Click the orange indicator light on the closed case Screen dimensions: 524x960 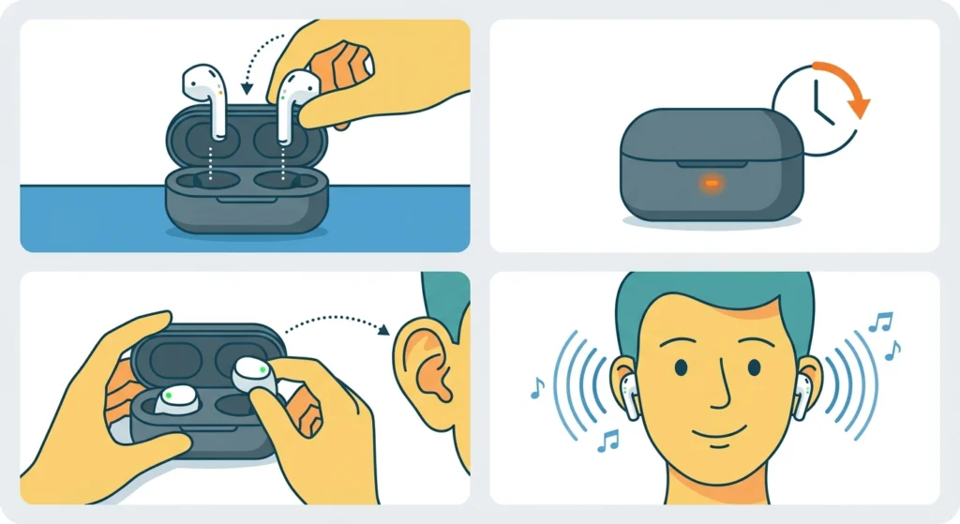pyautogui.click(x=712, y=183)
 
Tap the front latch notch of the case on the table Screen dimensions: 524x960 pyautogui.click(x=227, y=198)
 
